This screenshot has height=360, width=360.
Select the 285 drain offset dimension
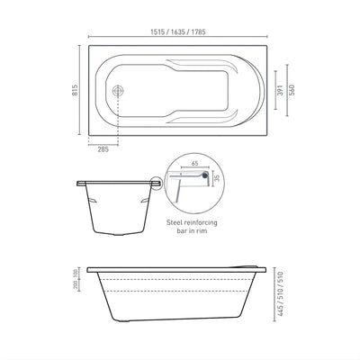[102, 150]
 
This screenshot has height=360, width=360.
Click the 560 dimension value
[292, 90]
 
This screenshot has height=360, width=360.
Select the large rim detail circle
[190, 184]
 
